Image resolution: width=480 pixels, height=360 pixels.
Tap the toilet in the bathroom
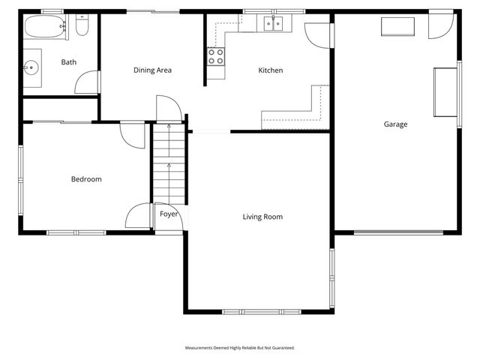tap(82, 28)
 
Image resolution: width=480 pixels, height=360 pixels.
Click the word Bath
tap(68, 62)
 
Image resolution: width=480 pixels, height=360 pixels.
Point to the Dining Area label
tap(153, 70)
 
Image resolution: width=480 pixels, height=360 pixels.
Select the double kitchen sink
tap(273, 25)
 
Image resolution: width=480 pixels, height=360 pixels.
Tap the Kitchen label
tap(271, 70)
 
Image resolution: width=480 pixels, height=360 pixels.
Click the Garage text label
tap(395, 124)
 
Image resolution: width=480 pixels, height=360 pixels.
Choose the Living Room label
tap(262, 217)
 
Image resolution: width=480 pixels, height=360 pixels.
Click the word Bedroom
tap(86, 179)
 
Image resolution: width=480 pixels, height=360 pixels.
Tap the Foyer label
tap(169, 214)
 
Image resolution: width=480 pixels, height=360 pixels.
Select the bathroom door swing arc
tap(87, 82)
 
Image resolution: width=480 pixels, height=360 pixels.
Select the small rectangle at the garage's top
tap(397, 27)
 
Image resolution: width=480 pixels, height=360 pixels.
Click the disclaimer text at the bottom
tap(240, 348)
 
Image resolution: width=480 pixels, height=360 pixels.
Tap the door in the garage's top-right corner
tap(440, 26)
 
